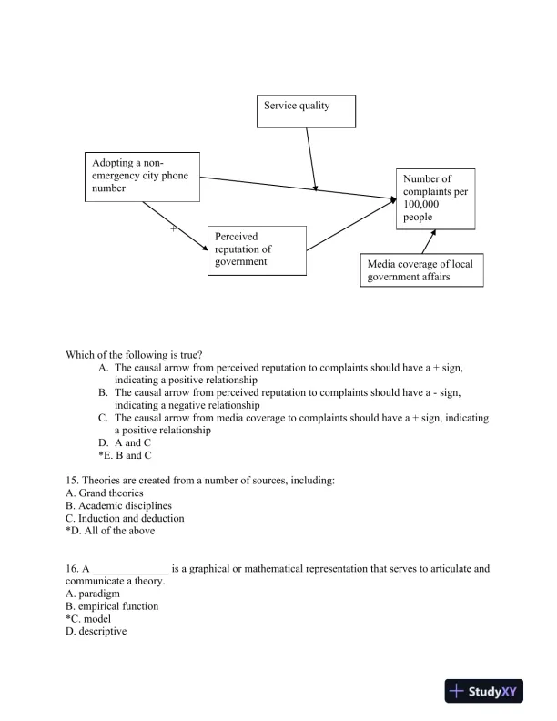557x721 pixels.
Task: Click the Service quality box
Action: (306, 110)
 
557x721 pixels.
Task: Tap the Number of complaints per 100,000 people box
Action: (435, 198)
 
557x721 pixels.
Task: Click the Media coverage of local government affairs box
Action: (420, 270)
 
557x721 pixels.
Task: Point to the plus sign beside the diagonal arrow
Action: (173, 229)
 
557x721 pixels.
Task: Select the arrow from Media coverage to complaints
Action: (427, 241)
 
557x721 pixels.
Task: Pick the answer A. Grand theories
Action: (105, 493)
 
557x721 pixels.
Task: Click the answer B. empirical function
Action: (112, 606)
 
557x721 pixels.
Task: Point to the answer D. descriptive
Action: (96, 632)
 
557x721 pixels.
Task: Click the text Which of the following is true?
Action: (134, 354)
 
